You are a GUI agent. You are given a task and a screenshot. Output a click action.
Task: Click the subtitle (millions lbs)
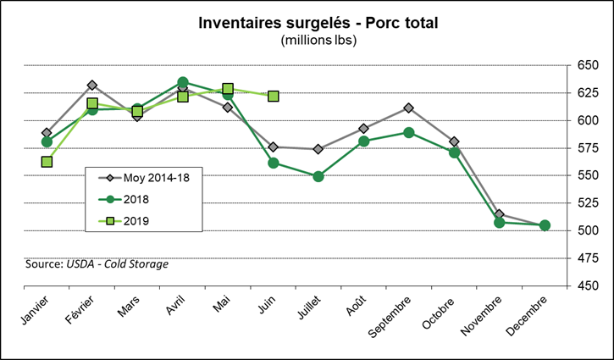(306, 40)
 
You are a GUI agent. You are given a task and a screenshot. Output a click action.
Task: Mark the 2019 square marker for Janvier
(47, 162)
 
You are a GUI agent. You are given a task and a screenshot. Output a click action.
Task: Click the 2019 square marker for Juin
(273, 97)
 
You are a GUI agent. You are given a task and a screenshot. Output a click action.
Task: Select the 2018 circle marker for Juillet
(318, 176)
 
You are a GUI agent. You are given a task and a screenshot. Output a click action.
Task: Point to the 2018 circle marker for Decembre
(545, 225)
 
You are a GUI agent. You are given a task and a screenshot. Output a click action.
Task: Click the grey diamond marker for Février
(92, 86)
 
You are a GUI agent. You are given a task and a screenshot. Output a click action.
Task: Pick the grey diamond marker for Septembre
(409, 108)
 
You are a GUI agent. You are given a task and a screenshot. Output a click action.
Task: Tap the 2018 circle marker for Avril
(182, 82)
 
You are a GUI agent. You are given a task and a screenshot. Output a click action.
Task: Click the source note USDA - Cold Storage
(97, 264)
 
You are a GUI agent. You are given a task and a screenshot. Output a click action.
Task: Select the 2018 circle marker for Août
(363, 141)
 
